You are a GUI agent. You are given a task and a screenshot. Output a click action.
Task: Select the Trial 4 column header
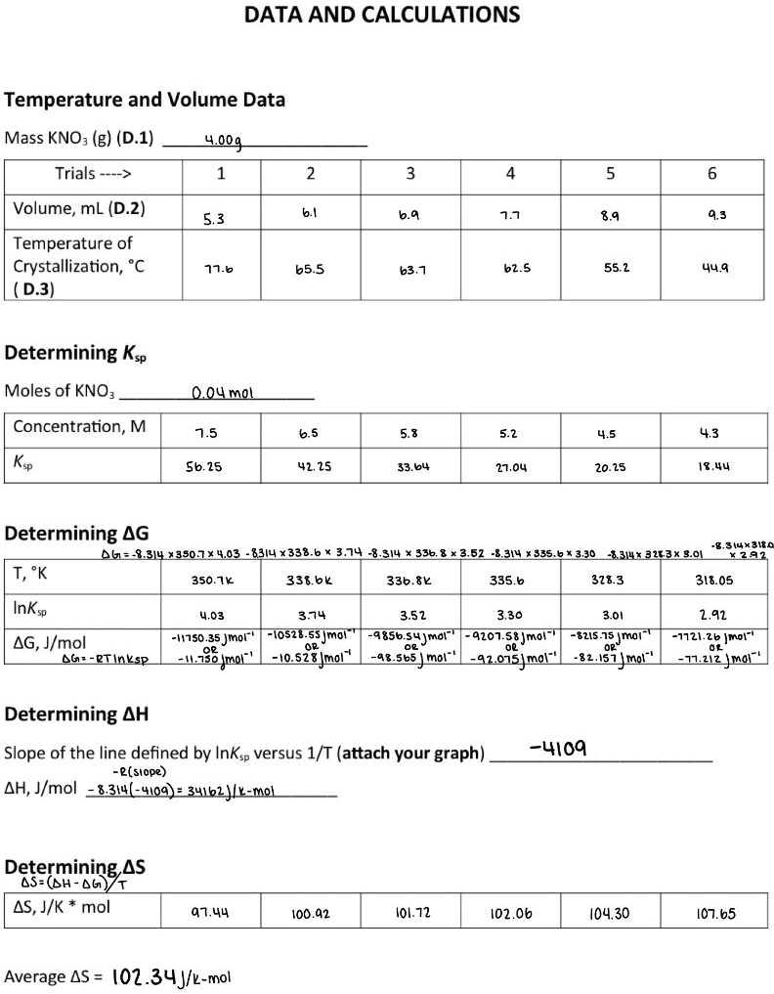click(x=510, y=174)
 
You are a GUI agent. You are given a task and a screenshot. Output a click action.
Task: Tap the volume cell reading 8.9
click(x=610, y=220)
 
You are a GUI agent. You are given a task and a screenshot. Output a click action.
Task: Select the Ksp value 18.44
click(x=710, y=468)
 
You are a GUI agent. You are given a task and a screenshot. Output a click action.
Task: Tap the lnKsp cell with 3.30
click(x=510, y=616)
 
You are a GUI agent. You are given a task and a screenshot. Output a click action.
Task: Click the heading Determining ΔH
click(x=77, y=713)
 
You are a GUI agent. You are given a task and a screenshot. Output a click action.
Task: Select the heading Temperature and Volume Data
click(x=145, y=100)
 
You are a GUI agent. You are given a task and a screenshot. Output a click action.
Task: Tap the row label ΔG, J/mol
click(x=50, y=642)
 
